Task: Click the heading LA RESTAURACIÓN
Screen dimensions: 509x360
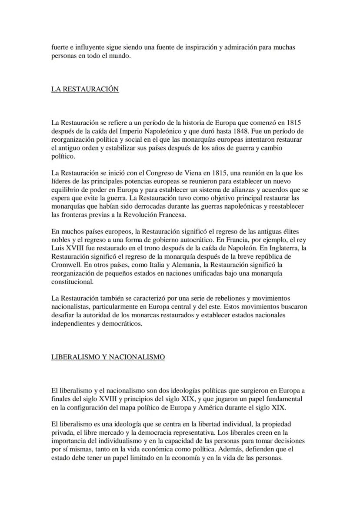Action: tap(85, 89)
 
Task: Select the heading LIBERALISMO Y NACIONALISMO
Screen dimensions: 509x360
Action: tap(108, 357)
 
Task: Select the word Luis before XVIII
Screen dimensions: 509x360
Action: tap(58, 248)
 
